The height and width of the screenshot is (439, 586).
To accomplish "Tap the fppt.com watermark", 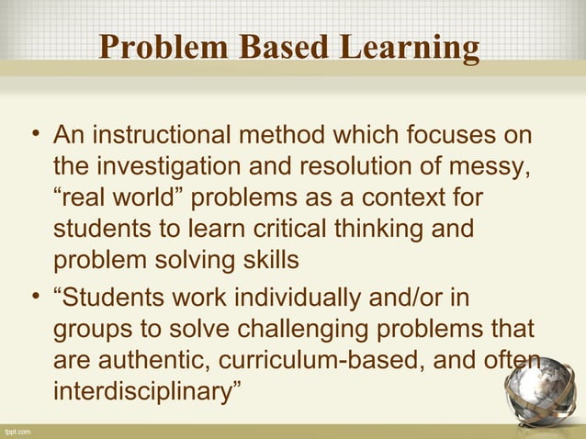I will coord(17,431).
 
